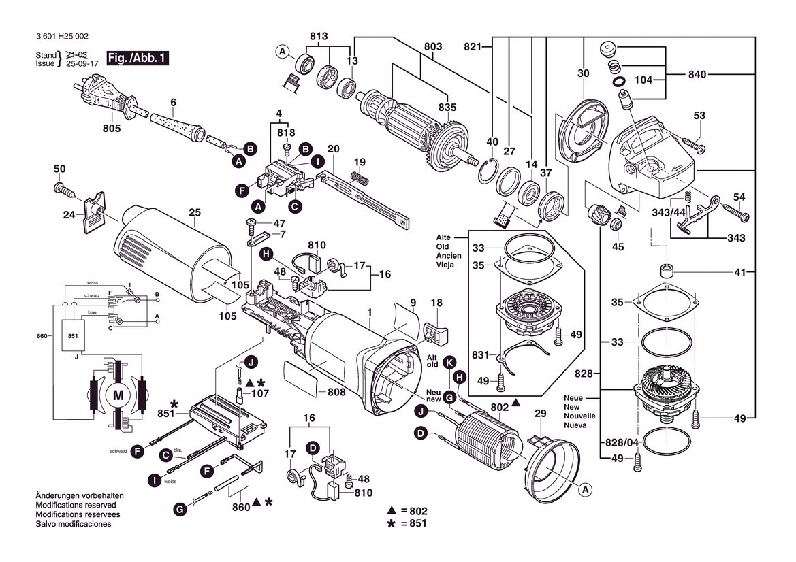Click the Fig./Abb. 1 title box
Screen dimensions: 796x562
pyautogui.click(x=137, y=58)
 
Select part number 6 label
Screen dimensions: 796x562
pyautogui.click(x=173, y=103)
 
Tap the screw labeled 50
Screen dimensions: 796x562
pyautogui.click(x=65, y=191)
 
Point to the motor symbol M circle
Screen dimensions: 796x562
pyautogui.click(x=118, y=395)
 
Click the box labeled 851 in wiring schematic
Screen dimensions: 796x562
pyautogui.click(x=73, y=336)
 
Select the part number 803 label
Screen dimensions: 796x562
pyautogui.click(x=433, y=47)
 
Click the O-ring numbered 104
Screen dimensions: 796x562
pyautogui.click(x=620, y=81)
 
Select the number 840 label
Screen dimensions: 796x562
pyautogui.click(x=697, y=75)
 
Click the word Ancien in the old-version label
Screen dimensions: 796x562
pyautogui.click(x=449, y=256)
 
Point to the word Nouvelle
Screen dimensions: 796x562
pyautogui.click(x=579, y=416)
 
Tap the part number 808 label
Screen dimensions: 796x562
pyautogui.click(x=336, y=392)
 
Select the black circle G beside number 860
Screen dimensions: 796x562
pyautogui.click(x=180, y=509)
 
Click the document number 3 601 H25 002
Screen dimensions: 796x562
pyautogui.click(x=63, y=37)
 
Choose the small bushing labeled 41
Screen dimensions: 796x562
pyautogui.click(x=667, y=270)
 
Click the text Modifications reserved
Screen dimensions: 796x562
pyautogui.click(x=76, y=506)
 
